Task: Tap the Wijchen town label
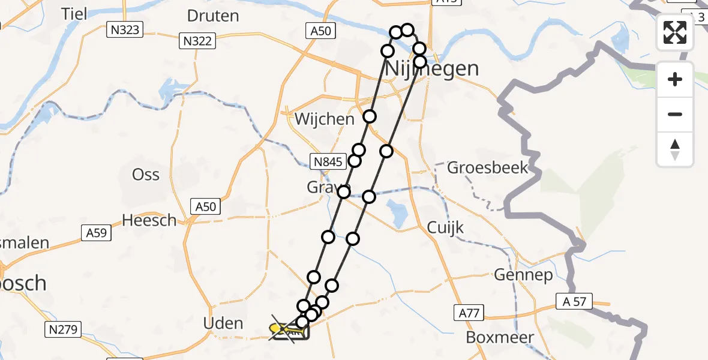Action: pos(325,119)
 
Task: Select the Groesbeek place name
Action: pos(488,167)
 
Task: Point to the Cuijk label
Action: pos(445,228)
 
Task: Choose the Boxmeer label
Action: pos(500,337)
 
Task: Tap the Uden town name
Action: pos(224,324)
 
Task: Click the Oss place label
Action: pos(146,175)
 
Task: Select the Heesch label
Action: pos(149,220)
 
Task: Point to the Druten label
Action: pos(213,16)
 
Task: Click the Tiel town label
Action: pos(77,13)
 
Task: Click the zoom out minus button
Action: pos(675,114)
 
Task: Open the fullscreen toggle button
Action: pos(675,33)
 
